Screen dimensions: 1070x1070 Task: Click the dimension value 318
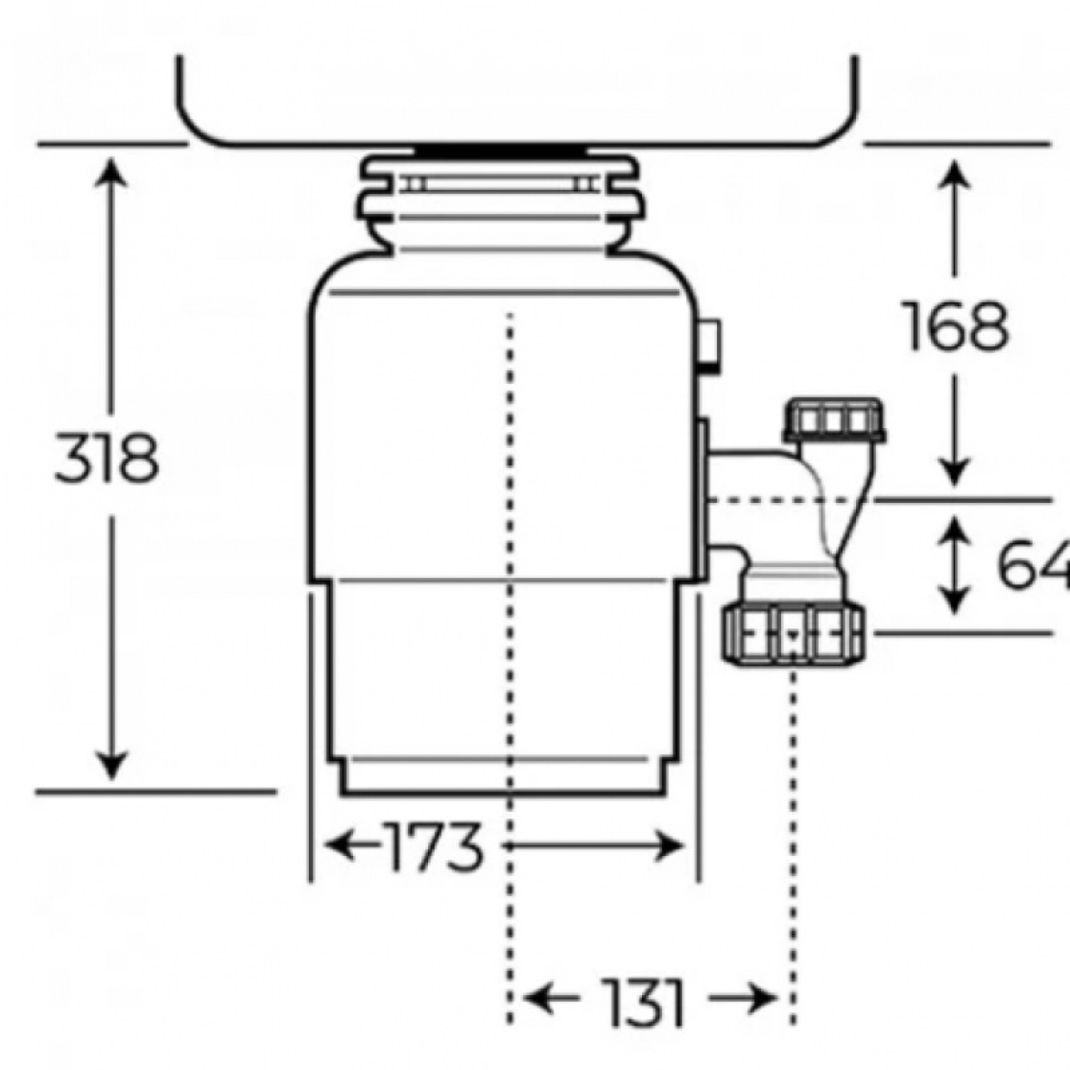[x=106, y=457]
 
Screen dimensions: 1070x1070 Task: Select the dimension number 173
[x=434, y=847]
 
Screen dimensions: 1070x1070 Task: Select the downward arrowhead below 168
[x=955, y=470]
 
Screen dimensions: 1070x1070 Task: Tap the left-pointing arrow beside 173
[x=353, y=847]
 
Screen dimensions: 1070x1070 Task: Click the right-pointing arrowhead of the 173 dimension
[x=671, y=847]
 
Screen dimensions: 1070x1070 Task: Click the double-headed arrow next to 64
[x=955, y=566]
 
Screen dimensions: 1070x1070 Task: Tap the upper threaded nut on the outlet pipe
[x=835, y=421]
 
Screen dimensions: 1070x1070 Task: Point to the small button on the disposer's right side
[x=708, y=346]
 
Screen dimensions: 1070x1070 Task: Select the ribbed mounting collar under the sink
[x=499, y=204]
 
